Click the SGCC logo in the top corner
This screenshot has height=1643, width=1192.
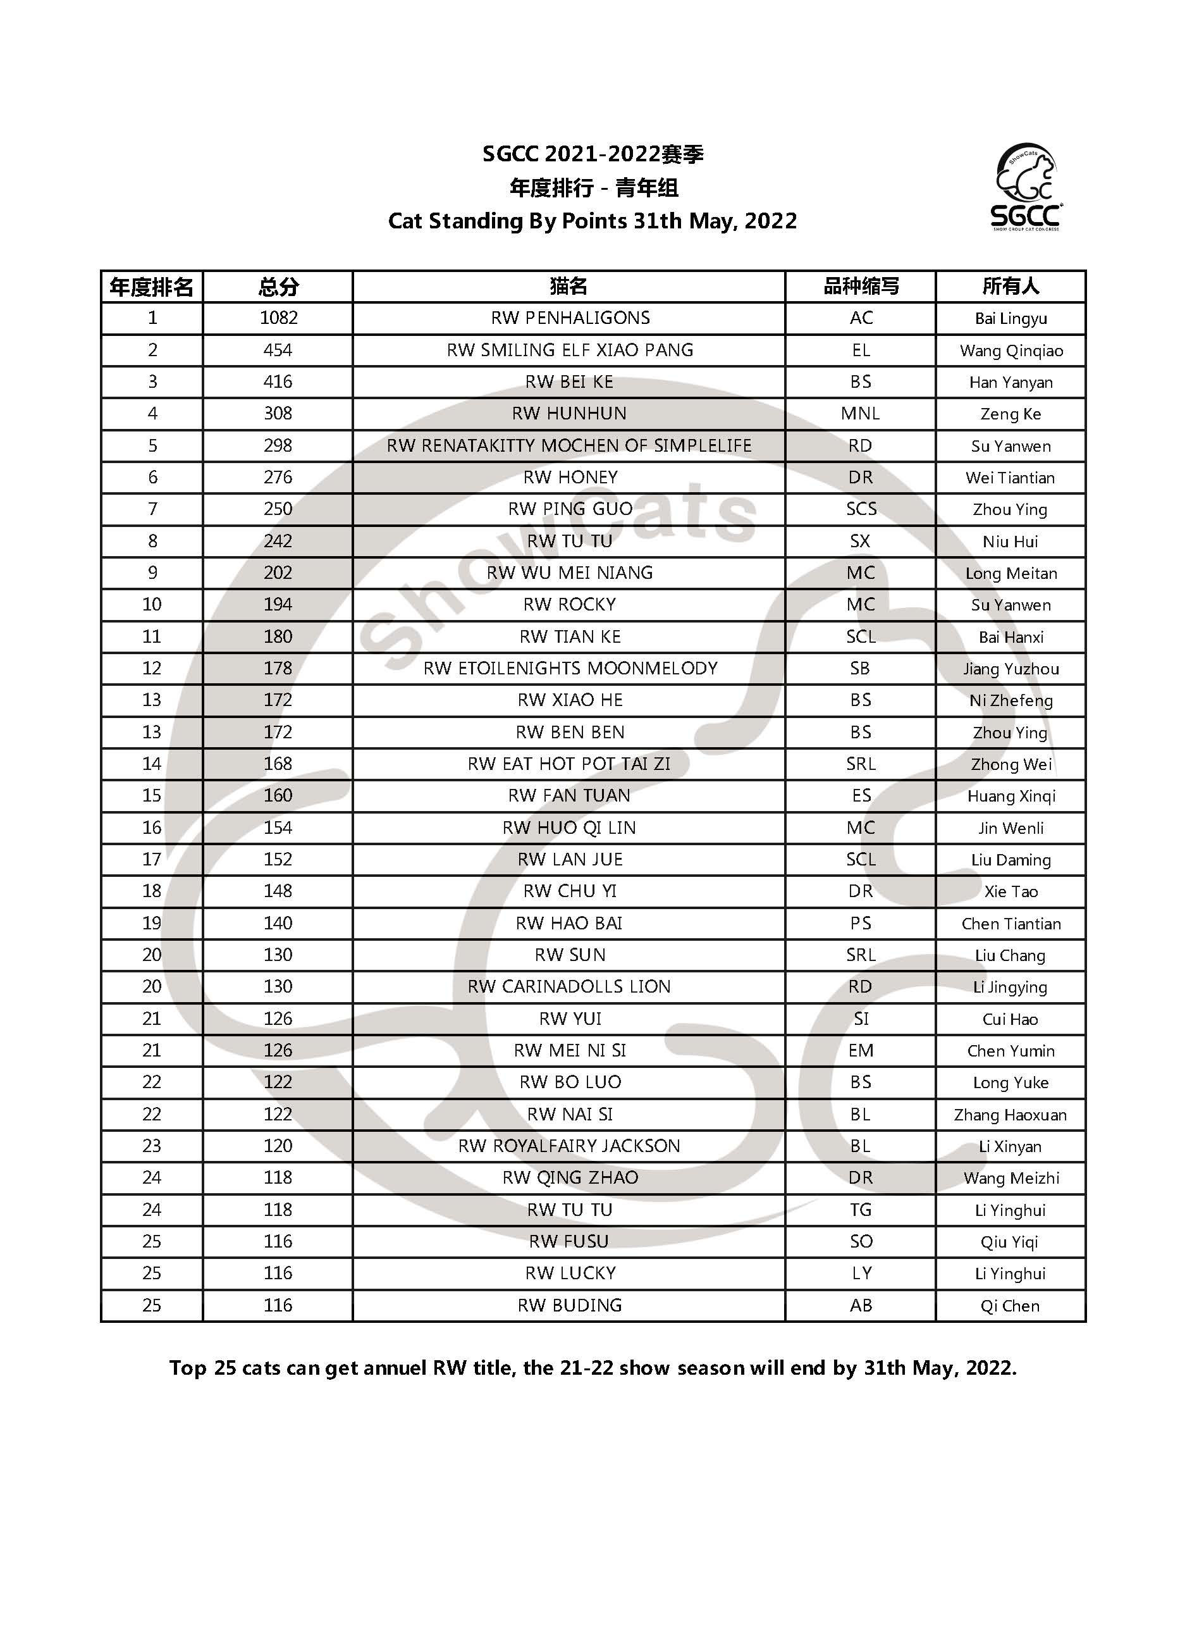1026,187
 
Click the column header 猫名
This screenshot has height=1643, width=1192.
568,286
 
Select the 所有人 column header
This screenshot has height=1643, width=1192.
1011,286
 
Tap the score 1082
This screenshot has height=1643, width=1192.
278,318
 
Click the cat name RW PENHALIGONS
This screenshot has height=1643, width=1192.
570,318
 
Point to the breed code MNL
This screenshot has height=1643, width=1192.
860,414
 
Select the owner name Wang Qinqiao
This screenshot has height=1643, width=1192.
1011,350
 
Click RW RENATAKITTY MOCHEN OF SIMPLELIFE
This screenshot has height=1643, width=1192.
569,445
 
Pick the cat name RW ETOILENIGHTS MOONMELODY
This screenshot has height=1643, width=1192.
570,668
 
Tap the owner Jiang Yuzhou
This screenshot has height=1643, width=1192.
1011,669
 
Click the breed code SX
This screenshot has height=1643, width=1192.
860,541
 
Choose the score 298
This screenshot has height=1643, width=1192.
278,445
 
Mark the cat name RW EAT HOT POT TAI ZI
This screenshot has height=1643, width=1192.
569,764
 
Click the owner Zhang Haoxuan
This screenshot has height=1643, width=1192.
1011,1114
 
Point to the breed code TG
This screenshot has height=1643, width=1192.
860,1210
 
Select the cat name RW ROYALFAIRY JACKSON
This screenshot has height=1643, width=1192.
569,1146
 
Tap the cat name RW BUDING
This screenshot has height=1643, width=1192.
570,1305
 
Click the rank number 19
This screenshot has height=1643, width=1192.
151,923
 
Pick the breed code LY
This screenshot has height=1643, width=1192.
860,1274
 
